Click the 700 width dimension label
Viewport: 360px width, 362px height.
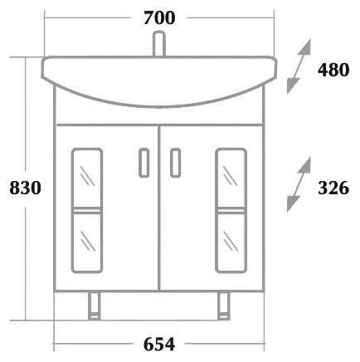159,18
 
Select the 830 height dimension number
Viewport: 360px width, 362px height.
25,188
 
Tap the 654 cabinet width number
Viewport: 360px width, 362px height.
159,345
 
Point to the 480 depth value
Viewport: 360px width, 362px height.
333,70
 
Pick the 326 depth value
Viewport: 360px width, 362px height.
333,188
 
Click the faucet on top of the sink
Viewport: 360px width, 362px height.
159,44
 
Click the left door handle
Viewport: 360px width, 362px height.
144,163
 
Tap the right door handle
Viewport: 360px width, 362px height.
176,163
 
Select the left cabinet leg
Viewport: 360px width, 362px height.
95,306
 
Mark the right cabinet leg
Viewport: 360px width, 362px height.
223,306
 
